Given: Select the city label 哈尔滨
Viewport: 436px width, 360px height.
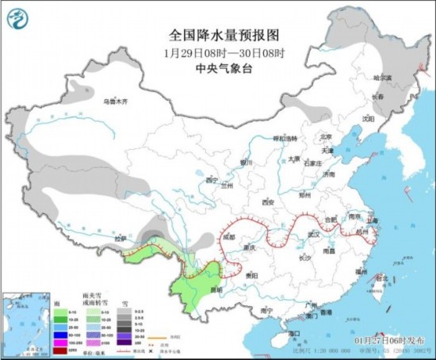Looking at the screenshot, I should tap(383, 79).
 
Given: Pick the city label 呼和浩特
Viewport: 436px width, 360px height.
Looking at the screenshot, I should tap(284, 139).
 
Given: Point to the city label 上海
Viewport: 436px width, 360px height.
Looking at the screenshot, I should tap(373, 221).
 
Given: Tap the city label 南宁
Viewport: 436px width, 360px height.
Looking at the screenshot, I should tap(267, 310).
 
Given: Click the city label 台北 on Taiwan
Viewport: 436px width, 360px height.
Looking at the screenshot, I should tap(382, 278).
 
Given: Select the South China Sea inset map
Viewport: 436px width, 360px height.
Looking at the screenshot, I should tap(23, 322).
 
